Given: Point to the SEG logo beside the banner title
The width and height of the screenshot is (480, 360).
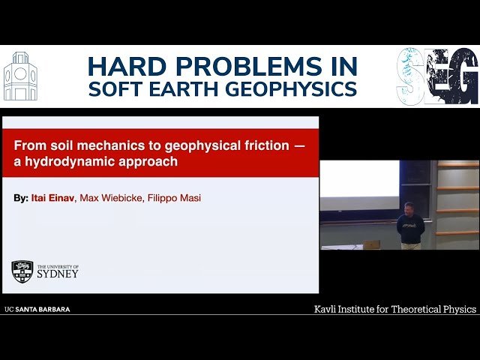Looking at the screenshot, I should [x=436, y=76].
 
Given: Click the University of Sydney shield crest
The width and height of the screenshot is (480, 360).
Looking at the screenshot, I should [x=22, y=271].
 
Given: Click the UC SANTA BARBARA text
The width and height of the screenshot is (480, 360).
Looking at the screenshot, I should [x=37, y=309].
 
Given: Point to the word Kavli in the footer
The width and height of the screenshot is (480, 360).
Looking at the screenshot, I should [x=328, y=309].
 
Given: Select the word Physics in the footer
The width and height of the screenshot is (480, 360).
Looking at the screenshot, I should [x=455, y=309].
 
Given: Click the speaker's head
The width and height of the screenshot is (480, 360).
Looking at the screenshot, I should [x=409, y=207].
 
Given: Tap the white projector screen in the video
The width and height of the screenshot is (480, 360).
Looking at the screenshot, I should [x=359, y=178].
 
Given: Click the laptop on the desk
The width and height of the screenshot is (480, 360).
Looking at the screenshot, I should [x=372, y=244].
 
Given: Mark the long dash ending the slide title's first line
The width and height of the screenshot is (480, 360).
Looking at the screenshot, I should [x=299, y=145].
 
